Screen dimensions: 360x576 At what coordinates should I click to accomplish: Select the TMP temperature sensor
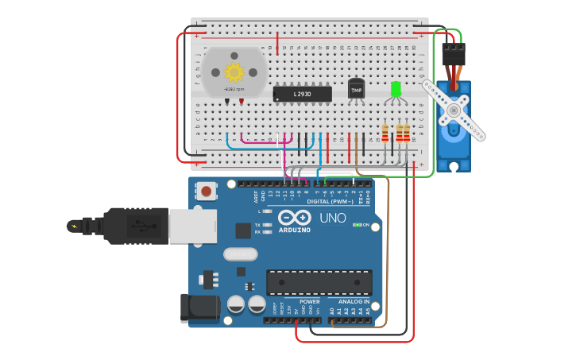(x=356, y=90)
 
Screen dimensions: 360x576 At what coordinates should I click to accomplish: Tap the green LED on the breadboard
(x=396, y=89)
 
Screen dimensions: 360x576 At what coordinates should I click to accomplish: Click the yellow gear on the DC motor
(x=234, y=72)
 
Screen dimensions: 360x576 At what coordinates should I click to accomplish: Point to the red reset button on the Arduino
(x=207, y=191)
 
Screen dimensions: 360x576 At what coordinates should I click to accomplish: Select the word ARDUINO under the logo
(x=294, y=230)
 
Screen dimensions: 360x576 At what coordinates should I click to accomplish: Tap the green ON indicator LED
(x=357, y=225)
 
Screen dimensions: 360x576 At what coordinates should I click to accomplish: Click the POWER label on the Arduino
(x=310, y=301)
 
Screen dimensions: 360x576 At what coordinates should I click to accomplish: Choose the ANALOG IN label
(x=353, y=301)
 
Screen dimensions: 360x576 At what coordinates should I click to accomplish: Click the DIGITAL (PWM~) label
(x=330, y=201)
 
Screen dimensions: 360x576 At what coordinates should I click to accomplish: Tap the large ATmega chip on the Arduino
(x=319, y=282)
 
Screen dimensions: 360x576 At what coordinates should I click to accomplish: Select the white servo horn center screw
(x=453, y=110)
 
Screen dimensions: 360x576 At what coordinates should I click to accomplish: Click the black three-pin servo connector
(x=453, y=54)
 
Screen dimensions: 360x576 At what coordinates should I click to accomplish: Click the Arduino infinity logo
(x=294, y=217)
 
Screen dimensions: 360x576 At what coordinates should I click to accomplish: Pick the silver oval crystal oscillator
(x=240, y=254)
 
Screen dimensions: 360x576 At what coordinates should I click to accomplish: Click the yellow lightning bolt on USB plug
(x=75, y=226)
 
